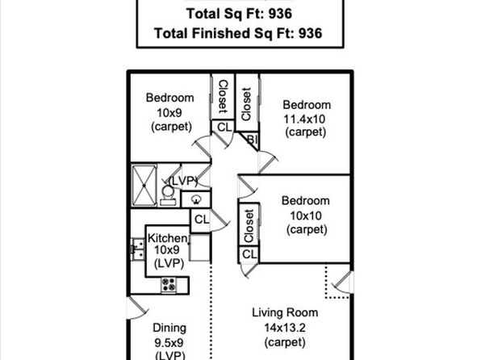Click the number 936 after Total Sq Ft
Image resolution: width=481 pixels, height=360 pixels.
[280, 14]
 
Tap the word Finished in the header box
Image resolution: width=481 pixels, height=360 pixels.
[220, 33]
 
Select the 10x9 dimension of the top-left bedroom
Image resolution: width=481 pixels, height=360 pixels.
[169, 113]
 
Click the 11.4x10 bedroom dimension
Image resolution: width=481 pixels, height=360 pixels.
[304, 119]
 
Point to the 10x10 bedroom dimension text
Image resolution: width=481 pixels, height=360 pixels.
[306, 216]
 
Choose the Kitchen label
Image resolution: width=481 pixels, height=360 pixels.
[168, 238]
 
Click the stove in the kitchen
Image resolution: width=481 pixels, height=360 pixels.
[169, 284]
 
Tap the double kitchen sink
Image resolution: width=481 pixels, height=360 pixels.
[138, 249]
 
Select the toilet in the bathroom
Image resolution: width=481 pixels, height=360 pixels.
[168, 195]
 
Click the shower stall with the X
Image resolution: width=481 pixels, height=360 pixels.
[144, 186]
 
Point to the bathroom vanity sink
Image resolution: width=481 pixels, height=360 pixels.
[196, 200]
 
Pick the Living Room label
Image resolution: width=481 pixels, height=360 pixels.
[285, 312]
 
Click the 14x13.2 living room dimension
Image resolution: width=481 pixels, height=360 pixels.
[285, 328]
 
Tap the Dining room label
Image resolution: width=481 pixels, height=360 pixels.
[169, 328]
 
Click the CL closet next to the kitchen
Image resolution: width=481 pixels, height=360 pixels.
[202, 220]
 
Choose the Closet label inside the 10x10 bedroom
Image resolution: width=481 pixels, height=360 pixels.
[249, 225]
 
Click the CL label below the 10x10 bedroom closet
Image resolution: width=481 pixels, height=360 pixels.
[249, 254]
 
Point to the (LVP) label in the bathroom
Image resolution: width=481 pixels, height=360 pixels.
[183, 181]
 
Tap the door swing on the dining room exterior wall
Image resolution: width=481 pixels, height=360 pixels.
[137, 308]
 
